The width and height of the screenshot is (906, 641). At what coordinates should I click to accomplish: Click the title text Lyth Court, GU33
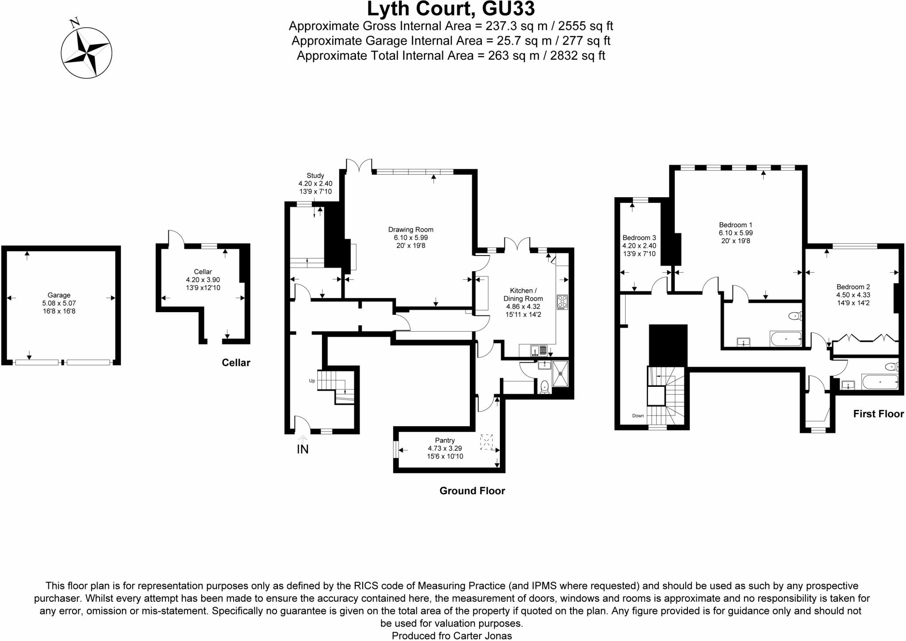click(x=451, y=9)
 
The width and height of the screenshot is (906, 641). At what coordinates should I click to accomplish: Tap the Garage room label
click(x=59, y=295)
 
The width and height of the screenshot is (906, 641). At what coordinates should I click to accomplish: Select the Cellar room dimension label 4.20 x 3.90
click(x=203, y=280)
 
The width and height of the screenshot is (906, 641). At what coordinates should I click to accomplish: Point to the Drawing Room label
click(x=411, y=229)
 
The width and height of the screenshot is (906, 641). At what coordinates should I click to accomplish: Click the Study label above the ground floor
click(x=315, y=176)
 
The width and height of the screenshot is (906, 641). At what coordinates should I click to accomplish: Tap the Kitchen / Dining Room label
click(x=523, y=294)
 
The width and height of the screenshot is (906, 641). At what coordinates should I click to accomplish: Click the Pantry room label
click(x=445, y=440)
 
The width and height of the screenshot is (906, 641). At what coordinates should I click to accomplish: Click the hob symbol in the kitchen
click(x=562, y=302)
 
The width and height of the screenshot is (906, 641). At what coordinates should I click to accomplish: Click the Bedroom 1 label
click(x=735, y=225)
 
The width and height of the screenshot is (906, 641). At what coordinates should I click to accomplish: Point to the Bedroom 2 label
click(x=853, y=286)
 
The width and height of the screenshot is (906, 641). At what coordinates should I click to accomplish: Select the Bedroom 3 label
click(x=639, y=238)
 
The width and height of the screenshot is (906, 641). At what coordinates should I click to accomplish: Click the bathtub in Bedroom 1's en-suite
click(x=786, y=339)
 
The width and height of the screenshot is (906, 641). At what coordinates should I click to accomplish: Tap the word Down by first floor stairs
click(x=638, y=416)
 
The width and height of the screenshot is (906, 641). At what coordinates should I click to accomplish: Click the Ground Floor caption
click(x=472, y=491)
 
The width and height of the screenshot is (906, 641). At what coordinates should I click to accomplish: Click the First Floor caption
click(x=878, y=414)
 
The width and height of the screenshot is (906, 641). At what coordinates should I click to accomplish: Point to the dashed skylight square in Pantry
click(x=486, y=442)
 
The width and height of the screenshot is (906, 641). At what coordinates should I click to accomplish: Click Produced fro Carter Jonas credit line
click(x=451, y=636)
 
